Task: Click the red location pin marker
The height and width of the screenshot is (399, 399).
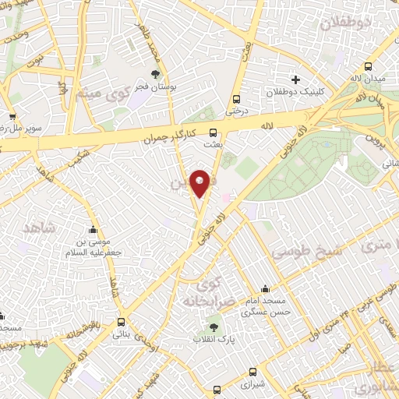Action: point(199,182)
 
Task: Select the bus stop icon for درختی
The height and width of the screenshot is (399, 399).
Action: point(236,99)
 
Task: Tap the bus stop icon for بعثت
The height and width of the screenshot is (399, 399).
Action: point(214,132)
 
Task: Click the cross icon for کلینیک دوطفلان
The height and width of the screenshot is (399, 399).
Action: point(295,79)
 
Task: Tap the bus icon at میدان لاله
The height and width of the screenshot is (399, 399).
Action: point(368,67)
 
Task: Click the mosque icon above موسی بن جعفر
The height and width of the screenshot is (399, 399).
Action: point(94,231)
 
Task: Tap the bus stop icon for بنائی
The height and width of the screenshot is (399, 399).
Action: point(120,321)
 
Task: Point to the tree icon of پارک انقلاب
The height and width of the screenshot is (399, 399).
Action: point(214,327)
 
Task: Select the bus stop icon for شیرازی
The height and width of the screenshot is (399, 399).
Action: point(252,372)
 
